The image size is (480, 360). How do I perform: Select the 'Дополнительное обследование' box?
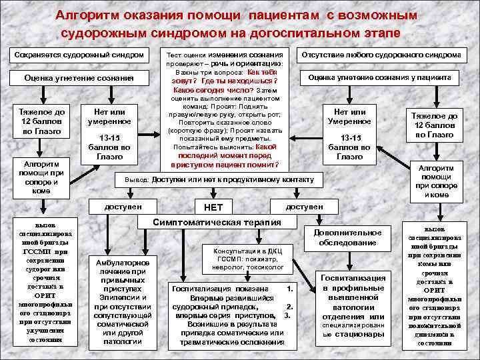pyautogui.click(x=351, y=238)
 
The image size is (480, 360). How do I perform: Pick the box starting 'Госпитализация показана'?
pyautogui.click(x=232, y=315)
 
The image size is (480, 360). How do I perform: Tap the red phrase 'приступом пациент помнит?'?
pyautogui.click(x=225, y=164)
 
